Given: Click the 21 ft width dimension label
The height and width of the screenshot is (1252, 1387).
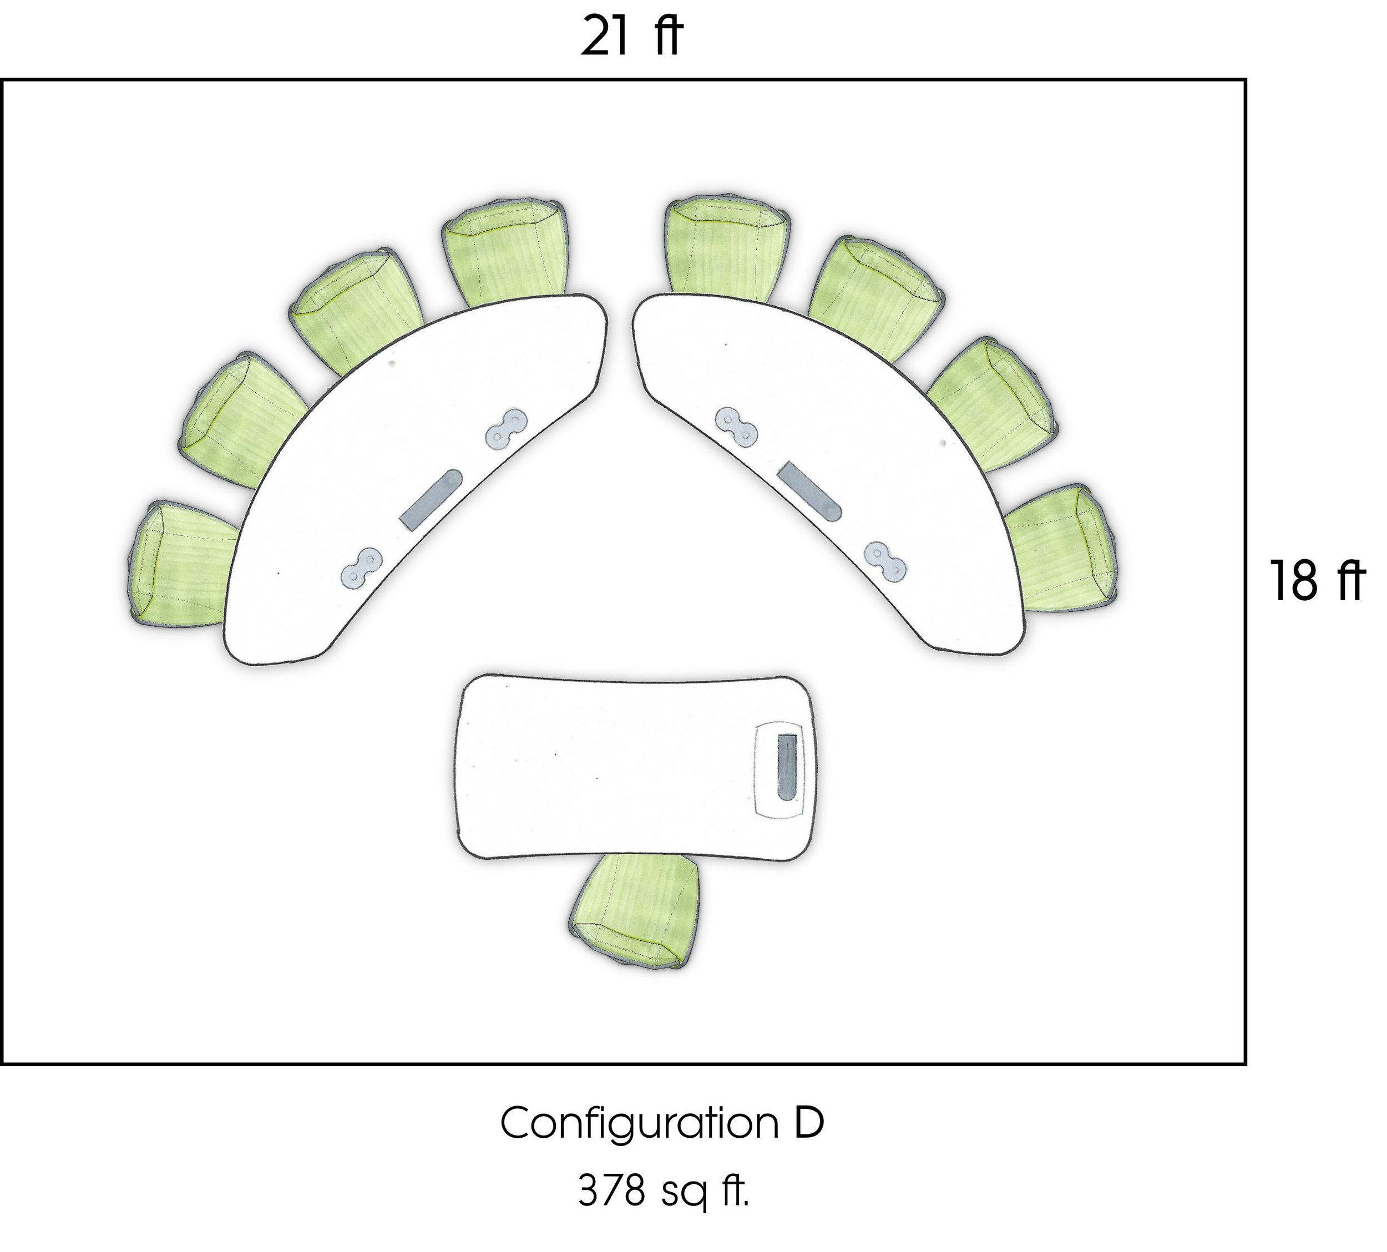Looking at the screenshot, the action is point(631,38).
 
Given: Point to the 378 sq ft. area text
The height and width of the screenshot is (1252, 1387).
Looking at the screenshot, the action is point(662,1192).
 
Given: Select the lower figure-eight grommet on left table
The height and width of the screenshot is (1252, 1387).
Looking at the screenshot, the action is point(361,567).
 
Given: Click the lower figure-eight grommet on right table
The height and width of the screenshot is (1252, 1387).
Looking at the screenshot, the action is point(885,560).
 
